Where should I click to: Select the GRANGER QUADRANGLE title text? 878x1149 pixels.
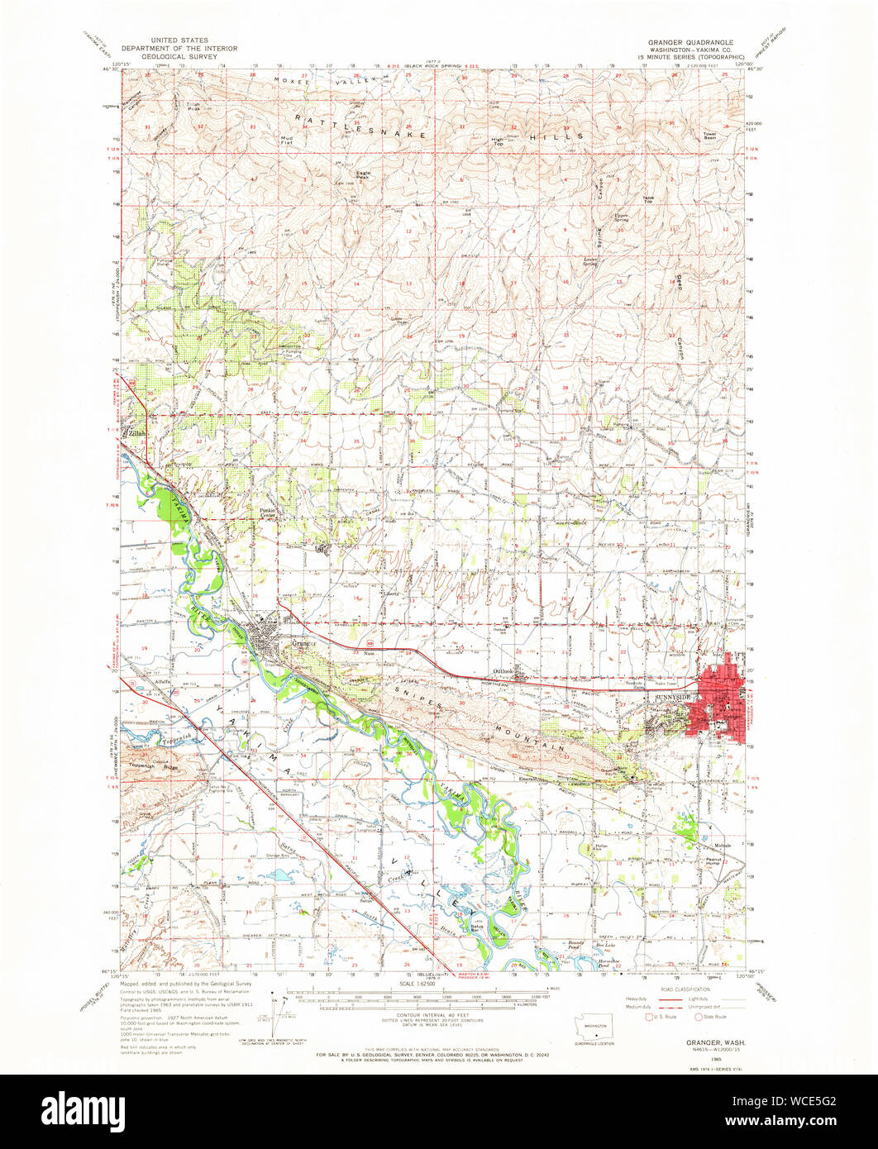(x=691, y=41)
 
